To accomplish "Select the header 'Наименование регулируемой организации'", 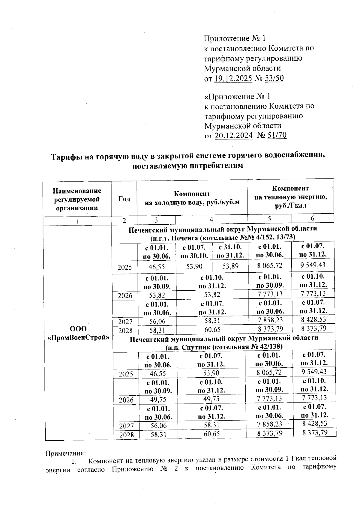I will (77, 199).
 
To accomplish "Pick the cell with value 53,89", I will (230, 266).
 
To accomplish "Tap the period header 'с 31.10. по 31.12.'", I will (230, 251).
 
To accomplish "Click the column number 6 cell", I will (312, 218).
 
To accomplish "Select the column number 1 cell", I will (77, 221).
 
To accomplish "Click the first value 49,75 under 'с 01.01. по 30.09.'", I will (156, 400).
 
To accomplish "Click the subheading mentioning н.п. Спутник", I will (224, 347).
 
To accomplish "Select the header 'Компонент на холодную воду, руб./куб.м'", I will (192, 198).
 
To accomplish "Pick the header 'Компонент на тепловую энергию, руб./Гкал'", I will (290, 197).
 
